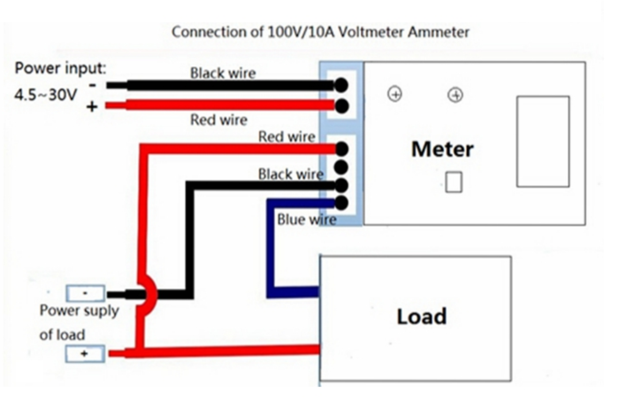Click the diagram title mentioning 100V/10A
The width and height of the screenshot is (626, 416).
[320, 32]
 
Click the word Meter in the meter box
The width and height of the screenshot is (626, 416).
[442, 149]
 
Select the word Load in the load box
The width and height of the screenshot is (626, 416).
[421, 316]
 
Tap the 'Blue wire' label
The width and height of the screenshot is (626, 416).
[306, 220]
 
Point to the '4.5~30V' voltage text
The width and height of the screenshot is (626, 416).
[46, 95]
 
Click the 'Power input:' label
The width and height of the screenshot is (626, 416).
[61, 68]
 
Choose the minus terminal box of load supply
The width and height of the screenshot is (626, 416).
[85, 293]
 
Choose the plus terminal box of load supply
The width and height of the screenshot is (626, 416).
[85, 354]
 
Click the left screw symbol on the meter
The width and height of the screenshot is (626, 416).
[395, 94]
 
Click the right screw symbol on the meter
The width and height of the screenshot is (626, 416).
[455, 95]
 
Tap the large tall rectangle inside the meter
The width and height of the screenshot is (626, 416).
[543, 142]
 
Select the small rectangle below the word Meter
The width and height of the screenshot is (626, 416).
[454, 182]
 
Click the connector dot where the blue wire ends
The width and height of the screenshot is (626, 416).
[341, 203]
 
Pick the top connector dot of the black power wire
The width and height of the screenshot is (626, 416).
[341, 85]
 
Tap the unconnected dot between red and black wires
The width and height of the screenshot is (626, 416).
[341, 167]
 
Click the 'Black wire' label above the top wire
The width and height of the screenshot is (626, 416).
[223, 73]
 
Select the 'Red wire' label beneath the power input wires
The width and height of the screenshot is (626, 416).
[218, 119]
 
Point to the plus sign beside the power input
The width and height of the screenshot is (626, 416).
[92, 107]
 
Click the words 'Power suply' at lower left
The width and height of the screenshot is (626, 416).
[79, 311]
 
